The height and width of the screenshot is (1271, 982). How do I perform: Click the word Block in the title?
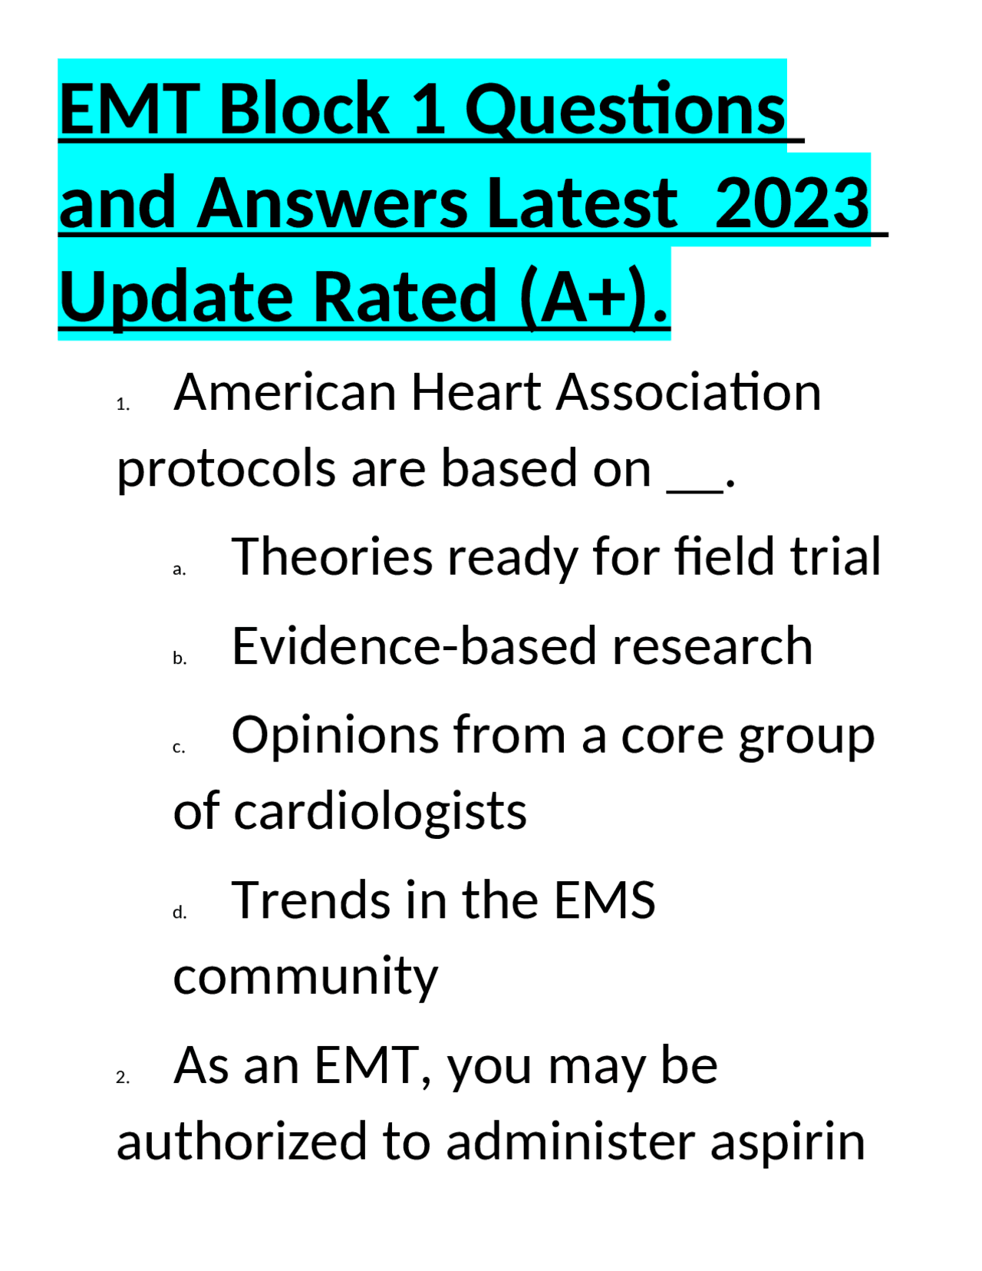click(305, 110)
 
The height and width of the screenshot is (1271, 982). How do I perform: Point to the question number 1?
click(123, 405)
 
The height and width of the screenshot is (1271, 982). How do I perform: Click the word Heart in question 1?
click(476, 392)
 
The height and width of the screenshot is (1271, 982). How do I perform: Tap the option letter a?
click(180, 570)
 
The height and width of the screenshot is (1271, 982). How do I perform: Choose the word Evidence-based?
click(414, 646)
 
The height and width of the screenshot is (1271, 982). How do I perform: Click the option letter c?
click(179, 748)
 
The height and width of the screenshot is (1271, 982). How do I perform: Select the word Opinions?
click(334, 735)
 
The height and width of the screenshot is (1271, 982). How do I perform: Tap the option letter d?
click(180, 913)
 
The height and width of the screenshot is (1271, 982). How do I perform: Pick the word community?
click(305, 976)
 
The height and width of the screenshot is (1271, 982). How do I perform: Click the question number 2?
click(123, 1078)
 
